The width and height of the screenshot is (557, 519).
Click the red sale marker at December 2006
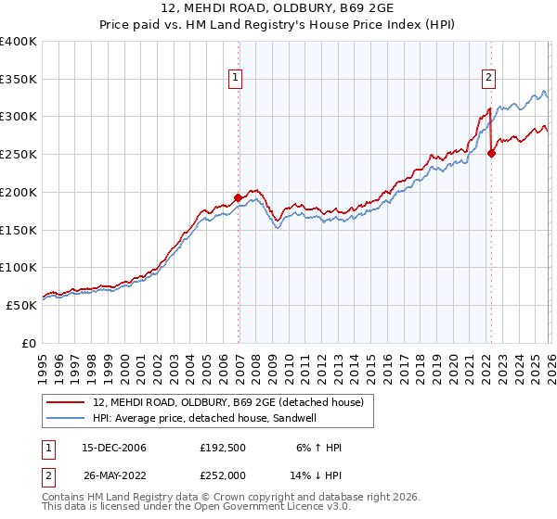click(x=239, y=197)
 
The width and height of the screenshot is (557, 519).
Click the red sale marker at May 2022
click(x=491, y=153)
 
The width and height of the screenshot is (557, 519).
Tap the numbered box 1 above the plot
click(x=237, y=79)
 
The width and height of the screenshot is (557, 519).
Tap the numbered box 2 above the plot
click(x=488, y=79)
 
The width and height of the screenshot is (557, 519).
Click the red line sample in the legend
click(x=66, y=401)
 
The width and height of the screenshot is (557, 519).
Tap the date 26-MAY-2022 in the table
click(x=114, y=475)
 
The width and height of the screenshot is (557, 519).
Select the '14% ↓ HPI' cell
click(x=317, y=475)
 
